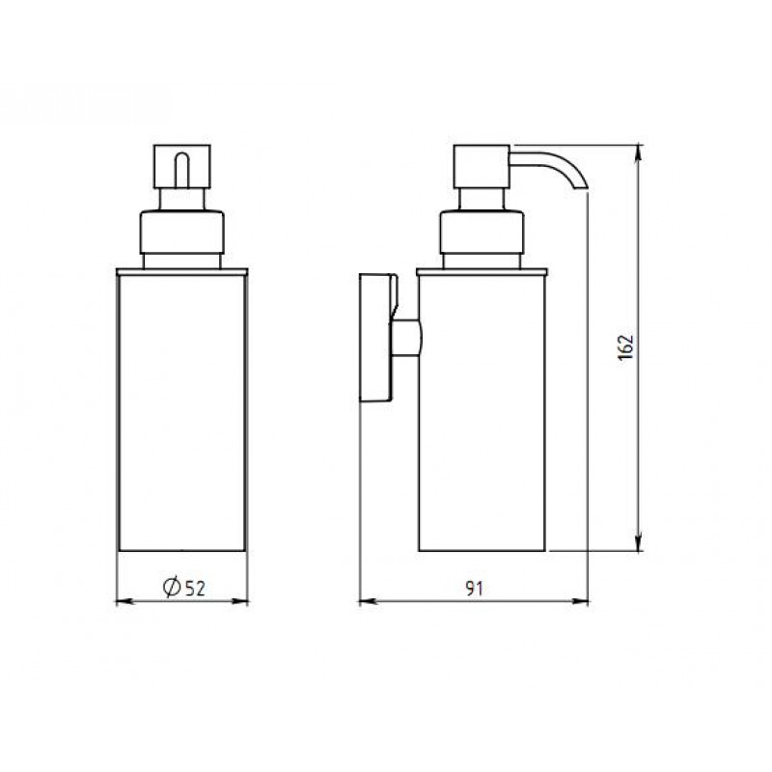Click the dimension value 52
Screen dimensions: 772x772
[195, 588]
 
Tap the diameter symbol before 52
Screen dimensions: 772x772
[172, 587]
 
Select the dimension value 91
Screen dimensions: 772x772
[474, 588]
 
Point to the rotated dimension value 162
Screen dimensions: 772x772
[625, 347]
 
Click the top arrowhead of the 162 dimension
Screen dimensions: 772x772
[639, 152]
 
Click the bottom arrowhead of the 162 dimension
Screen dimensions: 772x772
[639, 543]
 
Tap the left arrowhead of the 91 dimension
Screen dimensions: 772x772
[368, 601]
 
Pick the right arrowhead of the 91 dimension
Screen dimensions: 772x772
[580, 601]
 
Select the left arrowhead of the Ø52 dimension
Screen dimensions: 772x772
[124, 601]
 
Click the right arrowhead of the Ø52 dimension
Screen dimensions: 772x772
[239, 601]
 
